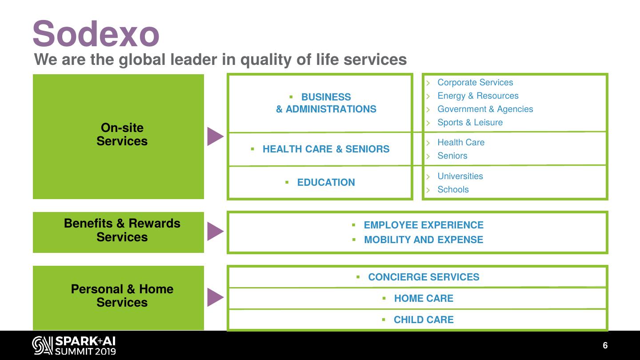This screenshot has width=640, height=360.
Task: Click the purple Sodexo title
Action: coord(96,34)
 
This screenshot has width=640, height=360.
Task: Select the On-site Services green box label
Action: coord(122,134)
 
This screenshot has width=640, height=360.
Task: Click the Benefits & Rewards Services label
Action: coord(122,230)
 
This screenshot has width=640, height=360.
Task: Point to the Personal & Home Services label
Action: coord(122,296)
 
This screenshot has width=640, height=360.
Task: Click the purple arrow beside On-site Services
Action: coord(215,136)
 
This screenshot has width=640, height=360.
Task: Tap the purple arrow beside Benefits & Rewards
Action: coord(215,232)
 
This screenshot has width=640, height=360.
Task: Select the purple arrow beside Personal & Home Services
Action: coord(215,297)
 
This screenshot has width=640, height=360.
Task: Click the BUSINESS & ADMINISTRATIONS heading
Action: coord(326,103)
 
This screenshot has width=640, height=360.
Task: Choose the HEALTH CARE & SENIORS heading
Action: coord(326,149)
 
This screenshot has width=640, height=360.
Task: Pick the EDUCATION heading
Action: coord(326,183)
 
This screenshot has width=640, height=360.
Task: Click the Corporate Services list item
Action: coord(475,83)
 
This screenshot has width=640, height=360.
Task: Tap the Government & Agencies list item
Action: coord(485,109)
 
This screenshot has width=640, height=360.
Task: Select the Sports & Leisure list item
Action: coord(470,123)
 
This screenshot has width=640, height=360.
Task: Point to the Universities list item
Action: coord(460,176)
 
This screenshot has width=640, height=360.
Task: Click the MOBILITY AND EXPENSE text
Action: coord(423,240)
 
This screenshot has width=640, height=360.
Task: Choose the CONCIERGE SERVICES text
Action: coord(423,277)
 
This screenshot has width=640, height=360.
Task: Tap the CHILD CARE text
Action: coord(423,320)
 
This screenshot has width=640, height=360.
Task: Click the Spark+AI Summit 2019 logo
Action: coord(74,346)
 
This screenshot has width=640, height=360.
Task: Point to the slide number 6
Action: coord(605,346)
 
